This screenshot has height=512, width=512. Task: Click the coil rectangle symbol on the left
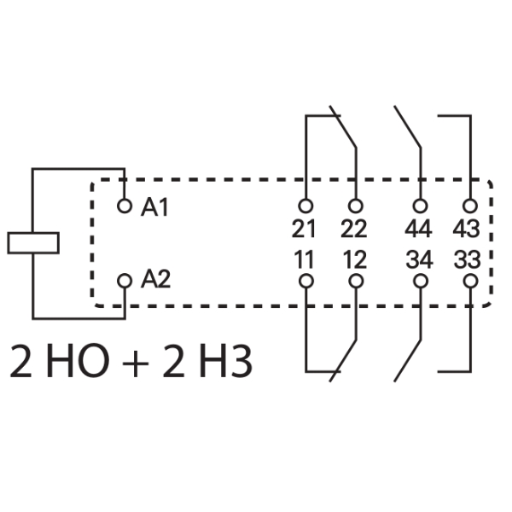[x=33, y=242]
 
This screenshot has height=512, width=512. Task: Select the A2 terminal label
[x=155, y=278]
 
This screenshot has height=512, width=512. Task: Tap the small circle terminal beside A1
[x=125, y=206]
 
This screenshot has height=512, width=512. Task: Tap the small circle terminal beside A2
[x=125, y=279]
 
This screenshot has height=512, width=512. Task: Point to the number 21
[x=304, y=229]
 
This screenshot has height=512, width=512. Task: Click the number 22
[x=353, y=229]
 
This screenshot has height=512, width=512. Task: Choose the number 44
[x=418, y=229]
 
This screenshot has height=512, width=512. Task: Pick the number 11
[x=304, y=259]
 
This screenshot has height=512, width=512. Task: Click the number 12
[x=353, y=259]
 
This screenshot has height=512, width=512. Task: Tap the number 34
[x=418, y=259]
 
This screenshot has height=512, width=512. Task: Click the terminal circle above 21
[x=305, y=206]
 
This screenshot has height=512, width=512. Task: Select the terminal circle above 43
[x=468, y=206]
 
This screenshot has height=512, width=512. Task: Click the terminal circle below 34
[x=419, y=279]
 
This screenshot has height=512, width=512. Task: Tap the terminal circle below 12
[x=355, y=279]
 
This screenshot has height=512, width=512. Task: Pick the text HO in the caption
[x=90, y=362]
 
